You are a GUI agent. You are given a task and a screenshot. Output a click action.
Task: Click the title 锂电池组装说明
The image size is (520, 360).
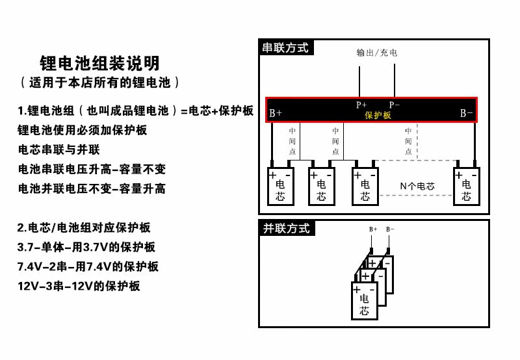coord(99,64)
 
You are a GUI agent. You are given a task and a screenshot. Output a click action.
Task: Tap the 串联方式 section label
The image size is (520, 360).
coord(285,47)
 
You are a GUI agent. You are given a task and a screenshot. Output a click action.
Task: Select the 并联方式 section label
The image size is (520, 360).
coord(285,228)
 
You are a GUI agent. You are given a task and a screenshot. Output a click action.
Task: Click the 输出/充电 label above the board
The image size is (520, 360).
coord(377,52)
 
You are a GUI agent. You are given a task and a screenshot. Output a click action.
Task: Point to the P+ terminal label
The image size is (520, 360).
coord(361,104)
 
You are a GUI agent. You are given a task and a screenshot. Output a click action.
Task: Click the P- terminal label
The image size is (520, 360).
coord(395,104)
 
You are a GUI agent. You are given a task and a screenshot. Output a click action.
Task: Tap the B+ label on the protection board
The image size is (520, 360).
coord(275,113)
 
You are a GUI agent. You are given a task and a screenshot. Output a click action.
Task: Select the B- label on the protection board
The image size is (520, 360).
coord(466,113)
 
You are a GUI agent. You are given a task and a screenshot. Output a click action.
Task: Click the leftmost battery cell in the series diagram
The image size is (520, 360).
coord(281,186)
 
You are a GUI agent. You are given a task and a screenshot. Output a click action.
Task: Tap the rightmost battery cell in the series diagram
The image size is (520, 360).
coord(466,186)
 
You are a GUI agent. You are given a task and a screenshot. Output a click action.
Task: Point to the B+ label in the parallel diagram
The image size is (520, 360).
coord(373,229)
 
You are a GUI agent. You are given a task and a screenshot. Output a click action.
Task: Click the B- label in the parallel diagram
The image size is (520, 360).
coord(390,229)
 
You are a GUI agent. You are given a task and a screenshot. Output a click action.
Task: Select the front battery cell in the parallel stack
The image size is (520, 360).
coord(364,300)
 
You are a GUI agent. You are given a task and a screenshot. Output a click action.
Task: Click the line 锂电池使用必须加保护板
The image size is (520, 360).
coord(83,130)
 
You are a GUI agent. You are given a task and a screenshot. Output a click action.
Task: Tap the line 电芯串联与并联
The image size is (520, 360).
coord(58,149)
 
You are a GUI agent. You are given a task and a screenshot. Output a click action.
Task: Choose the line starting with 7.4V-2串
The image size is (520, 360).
coord(88,266)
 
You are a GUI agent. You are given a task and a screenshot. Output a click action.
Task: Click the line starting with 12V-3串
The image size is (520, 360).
coord(79,286)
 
